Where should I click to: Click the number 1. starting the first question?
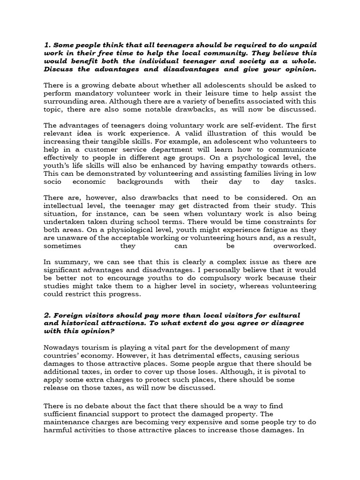click(47, 45)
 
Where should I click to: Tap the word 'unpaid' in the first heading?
click(303, 45)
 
